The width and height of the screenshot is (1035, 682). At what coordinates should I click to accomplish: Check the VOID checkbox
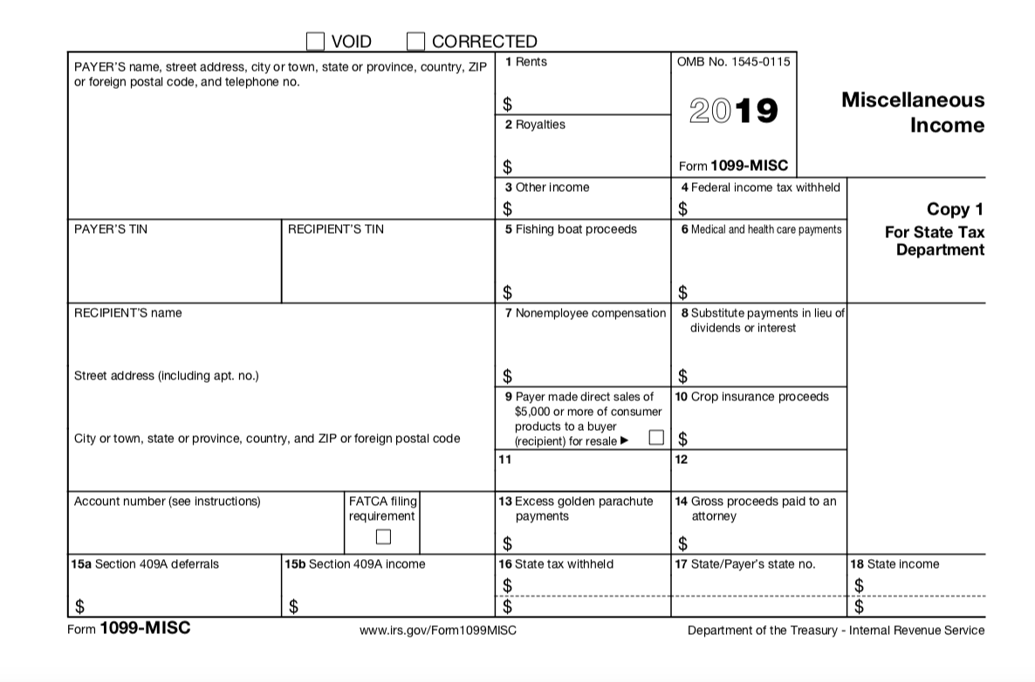(x=315, y=41)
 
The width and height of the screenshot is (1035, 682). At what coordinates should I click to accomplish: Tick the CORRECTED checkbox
(x=416, y=41)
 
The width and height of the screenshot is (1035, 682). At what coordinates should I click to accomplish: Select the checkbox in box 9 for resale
(x=656, y=438)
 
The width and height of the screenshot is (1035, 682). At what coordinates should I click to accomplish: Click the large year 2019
(x=733, y=111)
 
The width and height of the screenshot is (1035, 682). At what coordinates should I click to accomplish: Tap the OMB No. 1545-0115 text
(x=733, y=62)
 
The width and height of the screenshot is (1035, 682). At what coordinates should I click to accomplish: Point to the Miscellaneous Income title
(x=912, y=112)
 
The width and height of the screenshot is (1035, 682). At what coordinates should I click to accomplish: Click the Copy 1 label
(x=955, y=209)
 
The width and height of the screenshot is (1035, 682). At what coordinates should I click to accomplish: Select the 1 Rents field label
(x=526, y=62)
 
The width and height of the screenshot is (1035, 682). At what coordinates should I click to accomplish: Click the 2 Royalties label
(x=535, y=125)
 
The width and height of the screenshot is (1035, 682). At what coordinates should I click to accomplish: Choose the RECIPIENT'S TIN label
(x=335, y=229)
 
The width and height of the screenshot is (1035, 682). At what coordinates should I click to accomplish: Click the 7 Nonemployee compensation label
(x=585, y=313)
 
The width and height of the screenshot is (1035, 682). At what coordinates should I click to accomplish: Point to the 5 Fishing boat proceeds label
(x=571, y=229)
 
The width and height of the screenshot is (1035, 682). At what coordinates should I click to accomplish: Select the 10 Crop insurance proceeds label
(x=752, y=397)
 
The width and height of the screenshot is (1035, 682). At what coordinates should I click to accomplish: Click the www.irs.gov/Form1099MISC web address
(x=437, y=631)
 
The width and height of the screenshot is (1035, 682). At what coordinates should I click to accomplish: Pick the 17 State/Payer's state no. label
(x=745, y=564)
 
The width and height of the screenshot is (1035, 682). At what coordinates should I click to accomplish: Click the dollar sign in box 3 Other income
(x=507, y=209)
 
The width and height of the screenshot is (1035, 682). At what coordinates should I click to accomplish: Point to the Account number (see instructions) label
(x=167, y=501)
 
